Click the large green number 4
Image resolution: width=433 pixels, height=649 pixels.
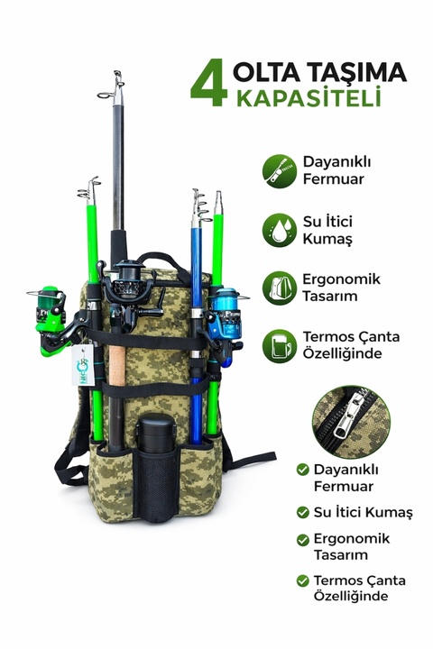pyautogui.click(x=209, y=84)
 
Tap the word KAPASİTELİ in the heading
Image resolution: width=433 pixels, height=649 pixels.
pyautogui.click(x=309, y=98)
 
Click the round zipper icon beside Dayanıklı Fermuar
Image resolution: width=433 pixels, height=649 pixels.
pyautogui.click(x=280, y=171)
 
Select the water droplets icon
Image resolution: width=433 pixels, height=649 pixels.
pyautogui.click(x=280, y=230)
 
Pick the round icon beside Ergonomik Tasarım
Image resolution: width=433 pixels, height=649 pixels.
pyautogui.click(x=280, y=288)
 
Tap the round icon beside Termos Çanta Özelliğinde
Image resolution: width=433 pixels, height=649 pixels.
pyautogui.click(x=280, y=346)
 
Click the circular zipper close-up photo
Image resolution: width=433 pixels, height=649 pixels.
pyautogui.click(x=351, y=421)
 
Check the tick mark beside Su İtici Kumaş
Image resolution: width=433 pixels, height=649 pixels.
pyautogui.click(x=303, y=512)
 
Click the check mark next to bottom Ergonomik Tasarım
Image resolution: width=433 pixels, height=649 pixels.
pyautogui.click(x=303, y=540)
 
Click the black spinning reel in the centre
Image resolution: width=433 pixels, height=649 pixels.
pyautogui.click(x=131, y=292)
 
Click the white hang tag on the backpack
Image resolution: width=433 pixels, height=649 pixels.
pyautogui.click(x=83, y=365)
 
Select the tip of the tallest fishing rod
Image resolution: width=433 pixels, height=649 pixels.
pyautogui.click(x=117, y=73)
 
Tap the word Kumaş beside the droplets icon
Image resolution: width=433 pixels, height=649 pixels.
pyautogui.click(x=327, y=239)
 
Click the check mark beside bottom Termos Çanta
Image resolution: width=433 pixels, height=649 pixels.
pyautogui.click(x=303, y=580)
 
